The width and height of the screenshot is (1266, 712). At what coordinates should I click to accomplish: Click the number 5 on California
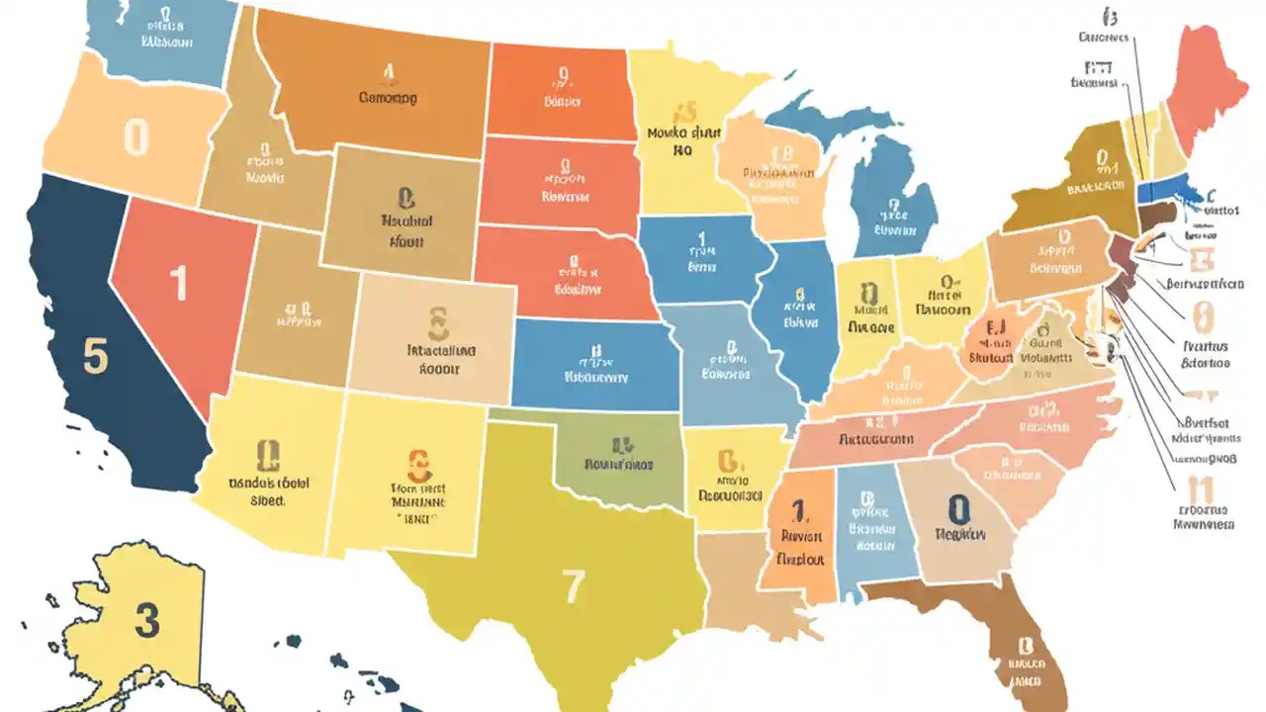pos(95,357)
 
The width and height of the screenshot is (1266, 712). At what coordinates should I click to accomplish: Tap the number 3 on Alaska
pos(146,621)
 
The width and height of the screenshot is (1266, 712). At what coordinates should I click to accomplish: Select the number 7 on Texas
pos(574,587)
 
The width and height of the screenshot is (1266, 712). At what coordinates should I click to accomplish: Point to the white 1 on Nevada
pos(178,284)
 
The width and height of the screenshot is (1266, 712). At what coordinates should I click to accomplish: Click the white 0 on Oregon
pos(136,137)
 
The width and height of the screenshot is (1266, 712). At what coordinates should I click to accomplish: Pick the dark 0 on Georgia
pos(957,509)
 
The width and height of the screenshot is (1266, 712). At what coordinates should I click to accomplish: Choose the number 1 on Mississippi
pos(799,510)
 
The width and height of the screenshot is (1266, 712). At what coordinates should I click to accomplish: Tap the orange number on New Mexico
pos(419,463)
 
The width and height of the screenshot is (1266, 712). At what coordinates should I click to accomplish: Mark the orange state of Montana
pos(386,89)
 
